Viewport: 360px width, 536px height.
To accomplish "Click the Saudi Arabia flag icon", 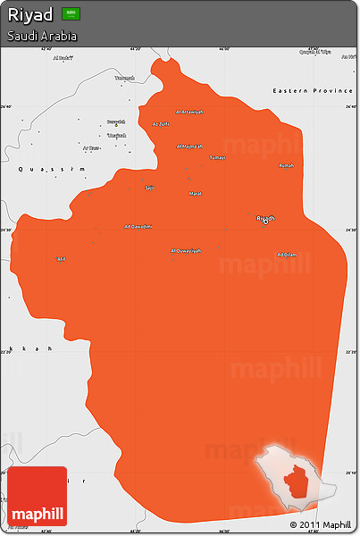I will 71,14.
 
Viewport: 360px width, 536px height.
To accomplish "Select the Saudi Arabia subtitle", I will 41,37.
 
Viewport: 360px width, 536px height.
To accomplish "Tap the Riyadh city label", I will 266,218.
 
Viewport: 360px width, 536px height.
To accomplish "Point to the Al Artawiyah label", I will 189,112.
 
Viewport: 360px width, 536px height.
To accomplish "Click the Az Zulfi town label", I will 161,124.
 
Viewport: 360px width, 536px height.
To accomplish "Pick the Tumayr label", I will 217,157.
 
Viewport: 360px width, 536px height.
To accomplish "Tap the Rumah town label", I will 286,165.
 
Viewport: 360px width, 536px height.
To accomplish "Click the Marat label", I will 195,193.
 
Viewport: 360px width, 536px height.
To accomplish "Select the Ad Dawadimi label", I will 138,226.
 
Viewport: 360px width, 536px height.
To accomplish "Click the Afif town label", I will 62,259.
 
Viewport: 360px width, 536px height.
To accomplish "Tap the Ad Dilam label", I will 287,255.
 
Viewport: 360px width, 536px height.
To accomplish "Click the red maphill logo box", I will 37,495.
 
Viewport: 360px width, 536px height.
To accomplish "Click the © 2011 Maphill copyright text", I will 321,524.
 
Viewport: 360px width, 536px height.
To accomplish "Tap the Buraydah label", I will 116,121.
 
